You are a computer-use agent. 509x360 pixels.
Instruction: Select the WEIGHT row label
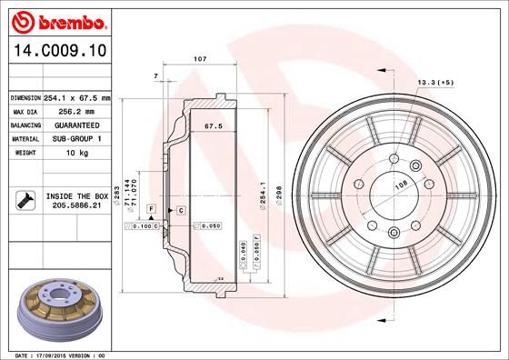[24, 153]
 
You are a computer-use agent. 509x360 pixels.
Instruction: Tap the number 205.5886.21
[76, 206]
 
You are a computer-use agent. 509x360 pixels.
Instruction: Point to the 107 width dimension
[200, 59]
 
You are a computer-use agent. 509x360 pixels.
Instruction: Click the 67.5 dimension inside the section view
[213, 126]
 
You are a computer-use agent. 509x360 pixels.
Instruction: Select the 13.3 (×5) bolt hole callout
[434, 83]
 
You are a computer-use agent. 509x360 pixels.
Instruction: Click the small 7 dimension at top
[156, 75]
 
